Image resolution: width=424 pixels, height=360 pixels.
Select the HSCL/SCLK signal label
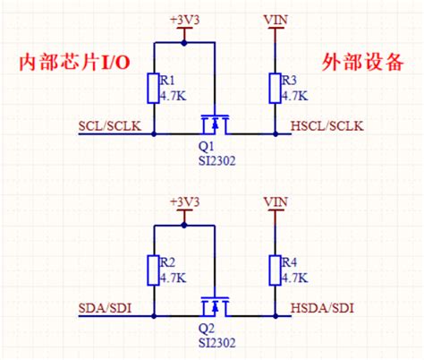(x=327, y=125)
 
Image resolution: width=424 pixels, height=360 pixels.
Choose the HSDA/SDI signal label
(x=323, y=308)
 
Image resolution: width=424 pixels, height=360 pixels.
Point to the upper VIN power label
(x=275, y=18)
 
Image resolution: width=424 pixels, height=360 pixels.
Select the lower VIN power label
(x=275, y=201)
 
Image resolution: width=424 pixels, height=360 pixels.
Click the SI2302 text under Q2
(x=216, y=341)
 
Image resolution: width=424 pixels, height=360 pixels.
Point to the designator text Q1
(x=206, y=147)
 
